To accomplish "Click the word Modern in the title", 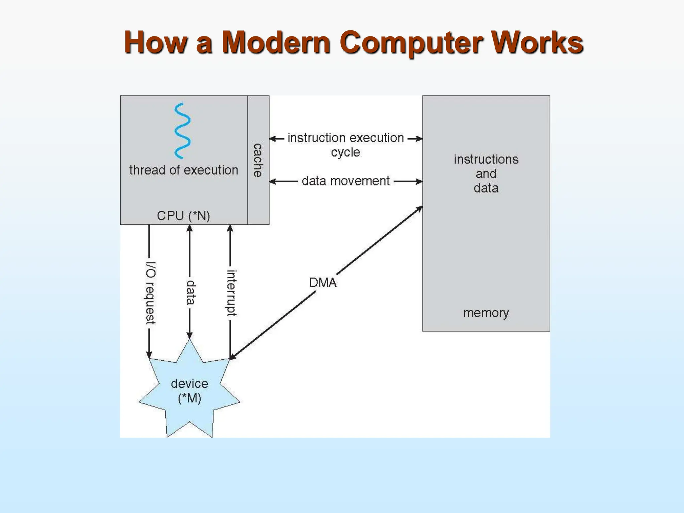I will coord(276,42).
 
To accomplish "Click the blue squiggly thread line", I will coord(182,131).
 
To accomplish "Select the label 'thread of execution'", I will coord(183,170).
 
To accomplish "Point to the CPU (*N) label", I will coord(183,216).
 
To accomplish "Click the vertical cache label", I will coord(258,160).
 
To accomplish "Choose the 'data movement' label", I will coord(346,181).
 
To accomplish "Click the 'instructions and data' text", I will coord(486,174).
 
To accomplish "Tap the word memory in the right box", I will coord(486,313).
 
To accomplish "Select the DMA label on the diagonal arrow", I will coord(323,283).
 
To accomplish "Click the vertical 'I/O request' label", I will coord(150,293).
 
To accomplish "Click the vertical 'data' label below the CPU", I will coord(190,293).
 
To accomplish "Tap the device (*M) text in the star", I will coord(189,391).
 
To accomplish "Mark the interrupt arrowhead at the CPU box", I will coord(230,228).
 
